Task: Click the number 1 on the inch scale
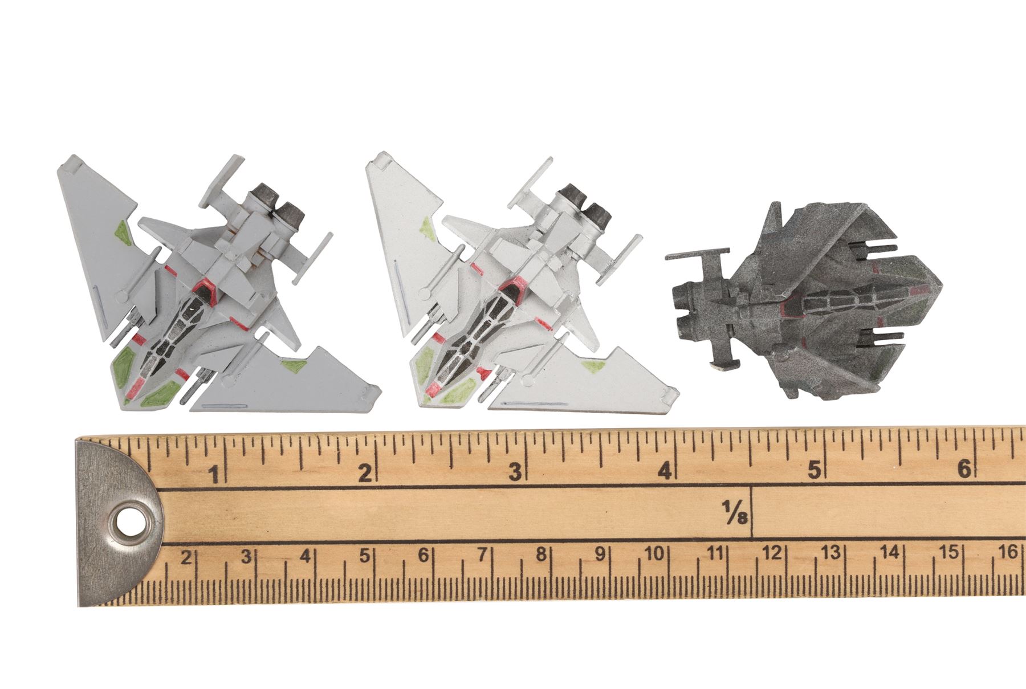tap(215, 474)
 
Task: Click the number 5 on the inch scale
tap(815, 471)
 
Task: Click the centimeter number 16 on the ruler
tap(1008, 552)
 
